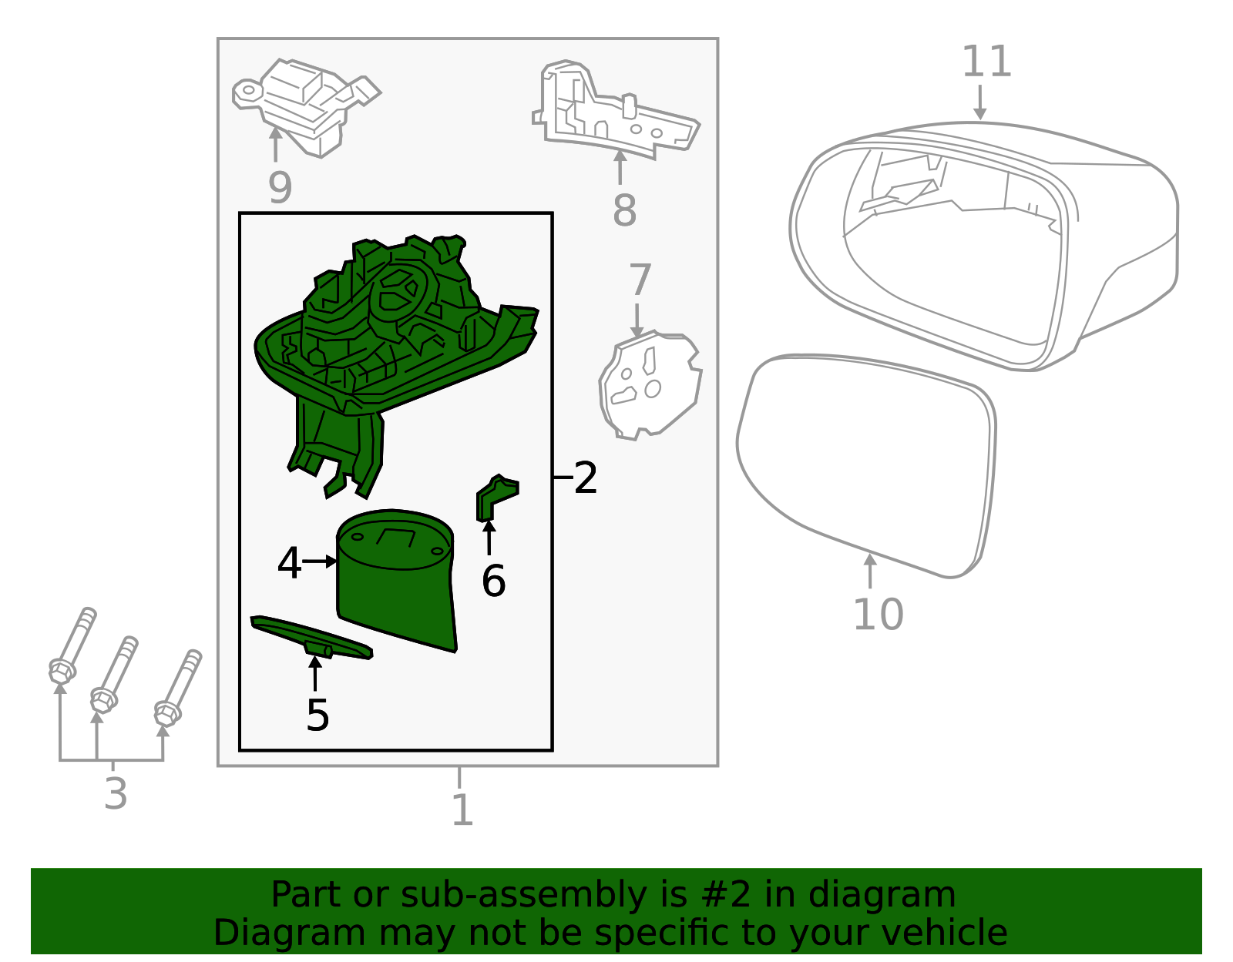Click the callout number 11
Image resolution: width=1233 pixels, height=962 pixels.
(986, 61)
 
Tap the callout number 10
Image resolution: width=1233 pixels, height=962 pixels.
(878, 615)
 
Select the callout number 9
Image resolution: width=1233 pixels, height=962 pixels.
(280, 188)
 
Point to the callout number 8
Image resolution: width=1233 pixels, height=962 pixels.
(624, 210)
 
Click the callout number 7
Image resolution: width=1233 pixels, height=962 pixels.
(640, 280)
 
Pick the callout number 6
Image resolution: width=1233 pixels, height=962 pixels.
(493, 581)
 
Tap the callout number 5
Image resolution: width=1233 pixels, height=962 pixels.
(317, 716)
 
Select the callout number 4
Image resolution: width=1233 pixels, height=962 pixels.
(290, 563)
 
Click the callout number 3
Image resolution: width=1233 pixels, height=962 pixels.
(115, 793)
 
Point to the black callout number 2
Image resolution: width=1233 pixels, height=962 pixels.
(586, 478)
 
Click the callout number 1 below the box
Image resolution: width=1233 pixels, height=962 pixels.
(462, 809)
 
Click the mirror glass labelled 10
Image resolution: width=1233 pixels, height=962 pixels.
(866, 466)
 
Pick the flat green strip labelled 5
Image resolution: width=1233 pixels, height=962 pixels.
(311, 637)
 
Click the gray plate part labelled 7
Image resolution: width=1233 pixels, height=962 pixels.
(650, 385)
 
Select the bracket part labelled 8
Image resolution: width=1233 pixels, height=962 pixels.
(616, 109)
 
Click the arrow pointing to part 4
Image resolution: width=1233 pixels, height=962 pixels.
(320, 561)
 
